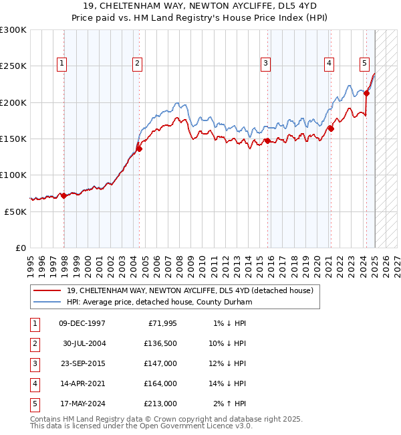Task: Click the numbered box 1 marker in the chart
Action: pyautogui.click(x=61, y=64)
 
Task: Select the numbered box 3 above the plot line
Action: pyautogui.click(x=265, y=64)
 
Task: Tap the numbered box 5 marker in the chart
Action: pyautogui.click(x=364, y=64)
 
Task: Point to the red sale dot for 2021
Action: pyautogui.click(x=331, y=128)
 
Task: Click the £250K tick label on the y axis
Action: pyautogui.click(x=13, y=66)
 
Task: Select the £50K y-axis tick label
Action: pyautogui.click(x=16, y=211)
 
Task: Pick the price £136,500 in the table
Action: pyautogui.click(x=159, y=343)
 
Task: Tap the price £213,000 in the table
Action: pyautogui.click(x=159, y=404)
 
